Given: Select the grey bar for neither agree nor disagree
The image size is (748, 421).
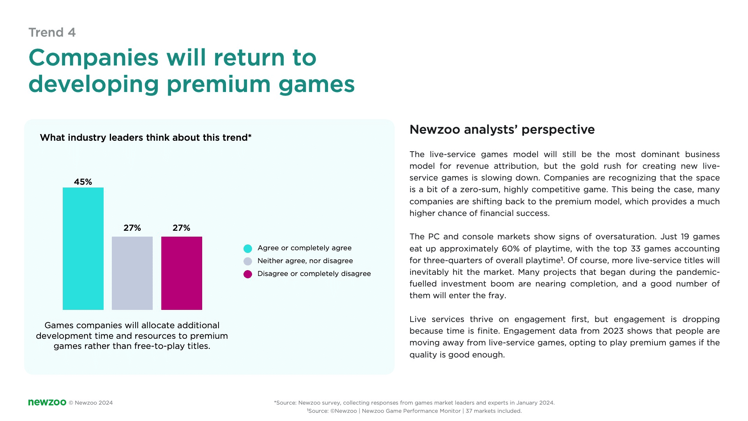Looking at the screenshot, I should [x=132, y=273].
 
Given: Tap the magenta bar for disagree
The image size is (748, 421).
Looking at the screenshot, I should [x=182, y=273].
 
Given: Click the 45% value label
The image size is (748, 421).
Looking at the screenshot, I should [x=83, y=182].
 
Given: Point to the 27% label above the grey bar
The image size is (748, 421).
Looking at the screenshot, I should [x=132, y=228].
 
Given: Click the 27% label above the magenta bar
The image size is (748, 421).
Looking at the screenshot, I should [x=182, y=228].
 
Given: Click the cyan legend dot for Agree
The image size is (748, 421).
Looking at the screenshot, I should [x=248, y=248].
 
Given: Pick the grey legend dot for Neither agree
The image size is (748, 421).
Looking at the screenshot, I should [x=248, y=261].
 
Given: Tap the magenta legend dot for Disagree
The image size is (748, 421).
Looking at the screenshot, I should [x=248, y=274].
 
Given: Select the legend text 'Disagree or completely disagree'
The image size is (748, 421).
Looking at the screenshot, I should [x=314, y=274].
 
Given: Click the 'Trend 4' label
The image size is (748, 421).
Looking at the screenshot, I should [x=52, y=32].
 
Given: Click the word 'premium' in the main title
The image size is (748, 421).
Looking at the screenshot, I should [x=219, y=84].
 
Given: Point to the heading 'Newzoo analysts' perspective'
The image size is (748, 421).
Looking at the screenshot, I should [x=502, y=129].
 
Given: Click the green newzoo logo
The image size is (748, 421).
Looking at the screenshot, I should [x=47, y=402].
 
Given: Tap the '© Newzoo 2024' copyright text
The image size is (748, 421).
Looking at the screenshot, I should [x=91, y=403].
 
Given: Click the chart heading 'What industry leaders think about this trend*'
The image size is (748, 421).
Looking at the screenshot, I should [x=146, y=138].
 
